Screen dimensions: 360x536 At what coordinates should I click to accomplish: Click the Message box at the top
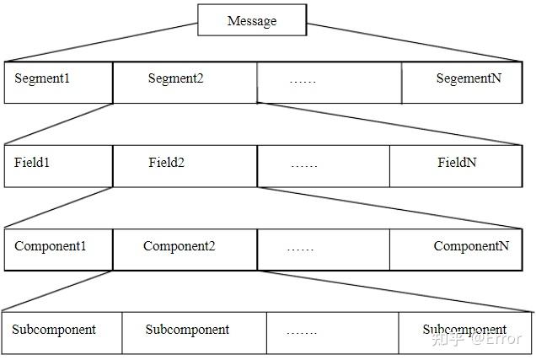[251, 21]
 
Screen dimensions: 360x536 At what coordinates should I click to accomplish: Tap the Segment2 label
[176, 78]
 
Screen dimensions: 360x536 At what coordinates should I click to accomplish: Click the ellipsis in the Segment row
[303, 80]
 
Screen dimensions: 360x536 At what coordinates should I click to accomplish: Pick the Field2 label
[166, 162]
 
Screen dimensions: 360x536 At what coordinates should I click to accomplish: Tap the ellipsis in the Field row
[303, 164]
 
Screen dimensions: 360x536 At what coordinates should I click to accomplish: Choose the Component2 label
[179, 246]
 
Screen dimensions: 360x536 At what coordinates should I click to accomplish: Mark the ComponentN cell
[471, 246]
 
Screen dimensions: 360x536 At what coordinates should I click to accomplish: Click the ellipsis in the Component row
[300, 248]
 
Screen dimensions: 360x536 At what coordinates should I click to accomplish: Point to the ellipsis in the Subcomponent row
[301, 331]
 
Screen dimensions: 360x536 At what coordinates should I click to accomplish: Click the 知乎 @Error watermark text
[476, 339]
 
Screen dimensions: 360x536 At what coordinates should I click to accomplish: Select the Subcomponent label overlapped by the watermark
[464, 330]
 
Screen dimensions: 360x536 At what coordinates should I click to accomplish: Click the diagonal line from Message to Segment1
[101, 42]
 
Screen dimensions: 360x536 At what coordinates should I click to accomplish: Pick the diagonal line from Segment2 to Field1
[59, 125]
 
